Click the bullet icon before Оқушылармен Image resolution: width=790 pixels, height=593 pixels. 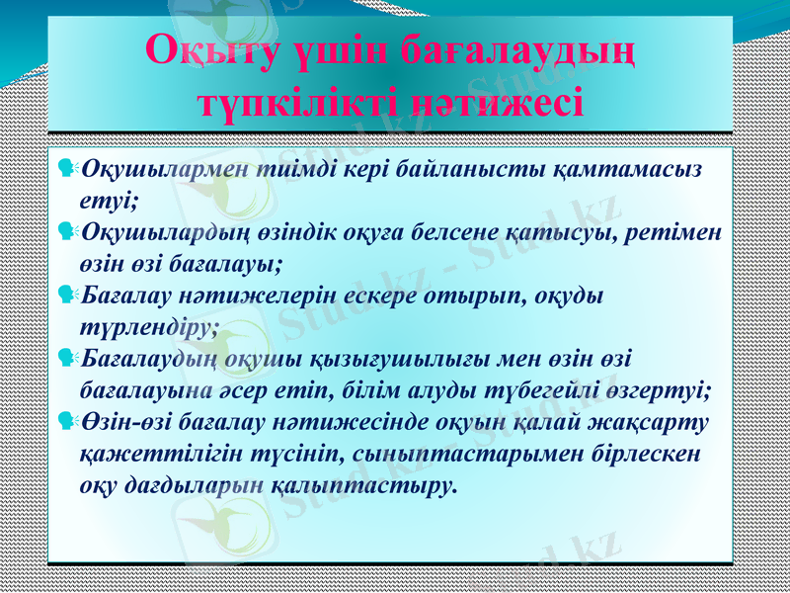tap(68, 169)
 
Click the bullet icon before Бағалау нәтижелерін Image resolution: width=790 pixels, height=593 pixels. tap(68, 295)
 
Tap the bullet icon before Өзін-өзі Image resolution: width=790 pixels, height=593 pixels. tap(68, 422)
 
